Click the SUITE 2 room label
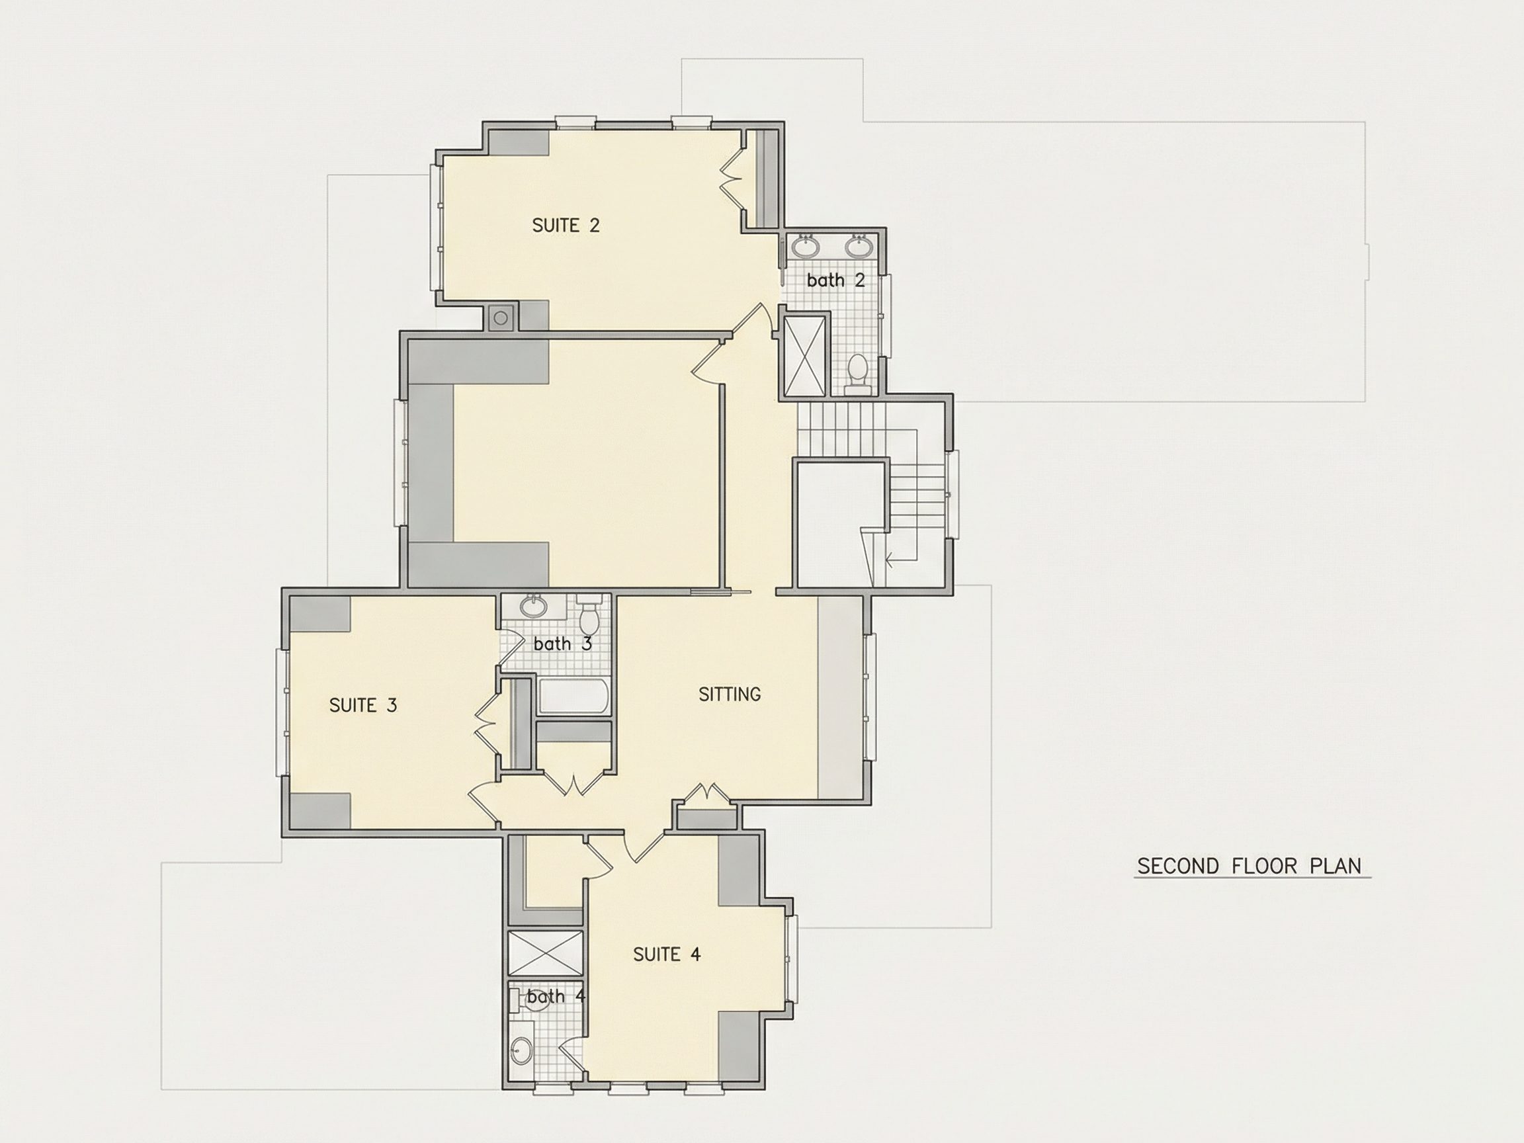(566, 226)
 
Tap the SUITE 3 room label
(363, 706)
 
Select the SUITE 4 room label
(667, 954)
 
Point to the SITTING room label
(730, 695)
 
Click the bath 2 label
(835, 280)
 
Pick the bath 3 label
(562, 644)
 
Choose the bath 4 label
(556, 996)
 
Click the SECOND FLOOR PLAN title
(1249, 866)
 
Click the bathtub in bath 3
(573, 697)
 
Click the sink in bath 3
(533, 607)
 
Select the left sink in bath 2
(804, 245)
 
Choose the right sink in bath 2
(859, 245)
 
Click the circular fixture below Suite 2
(501, 318)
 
